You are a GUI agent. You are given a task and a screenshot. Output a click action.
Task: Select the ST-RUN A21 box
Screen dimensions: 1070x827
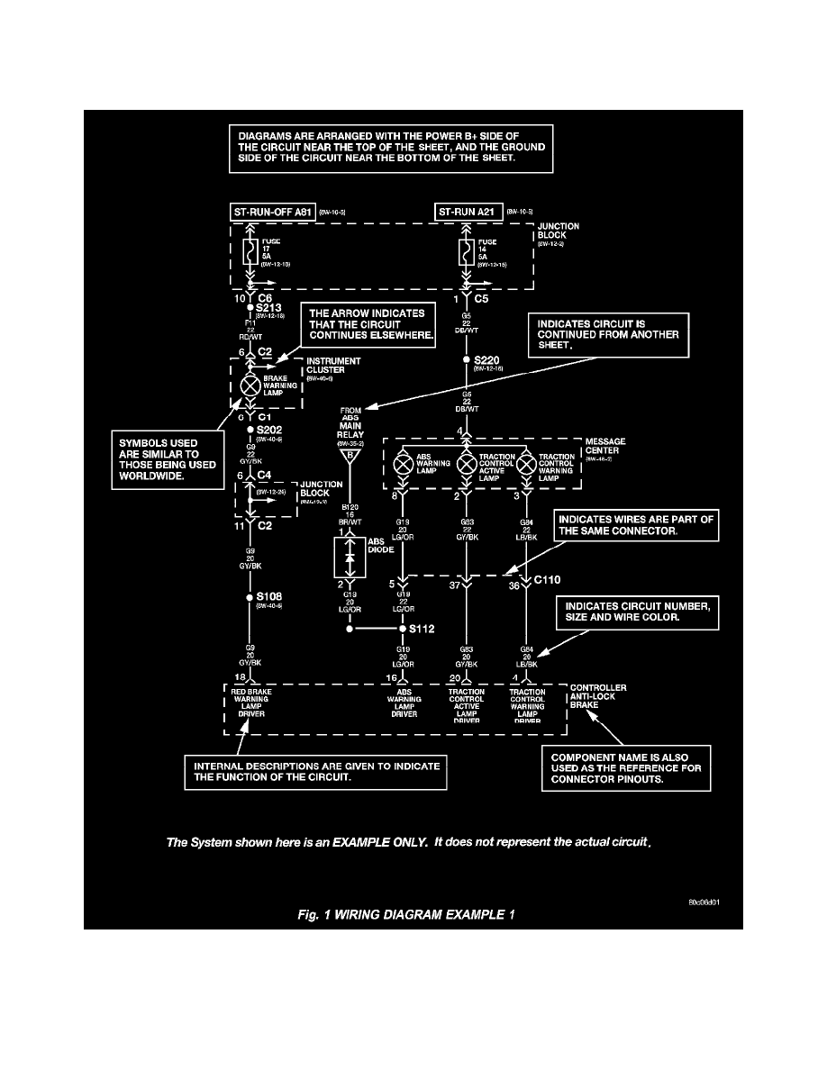point(468,213)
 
